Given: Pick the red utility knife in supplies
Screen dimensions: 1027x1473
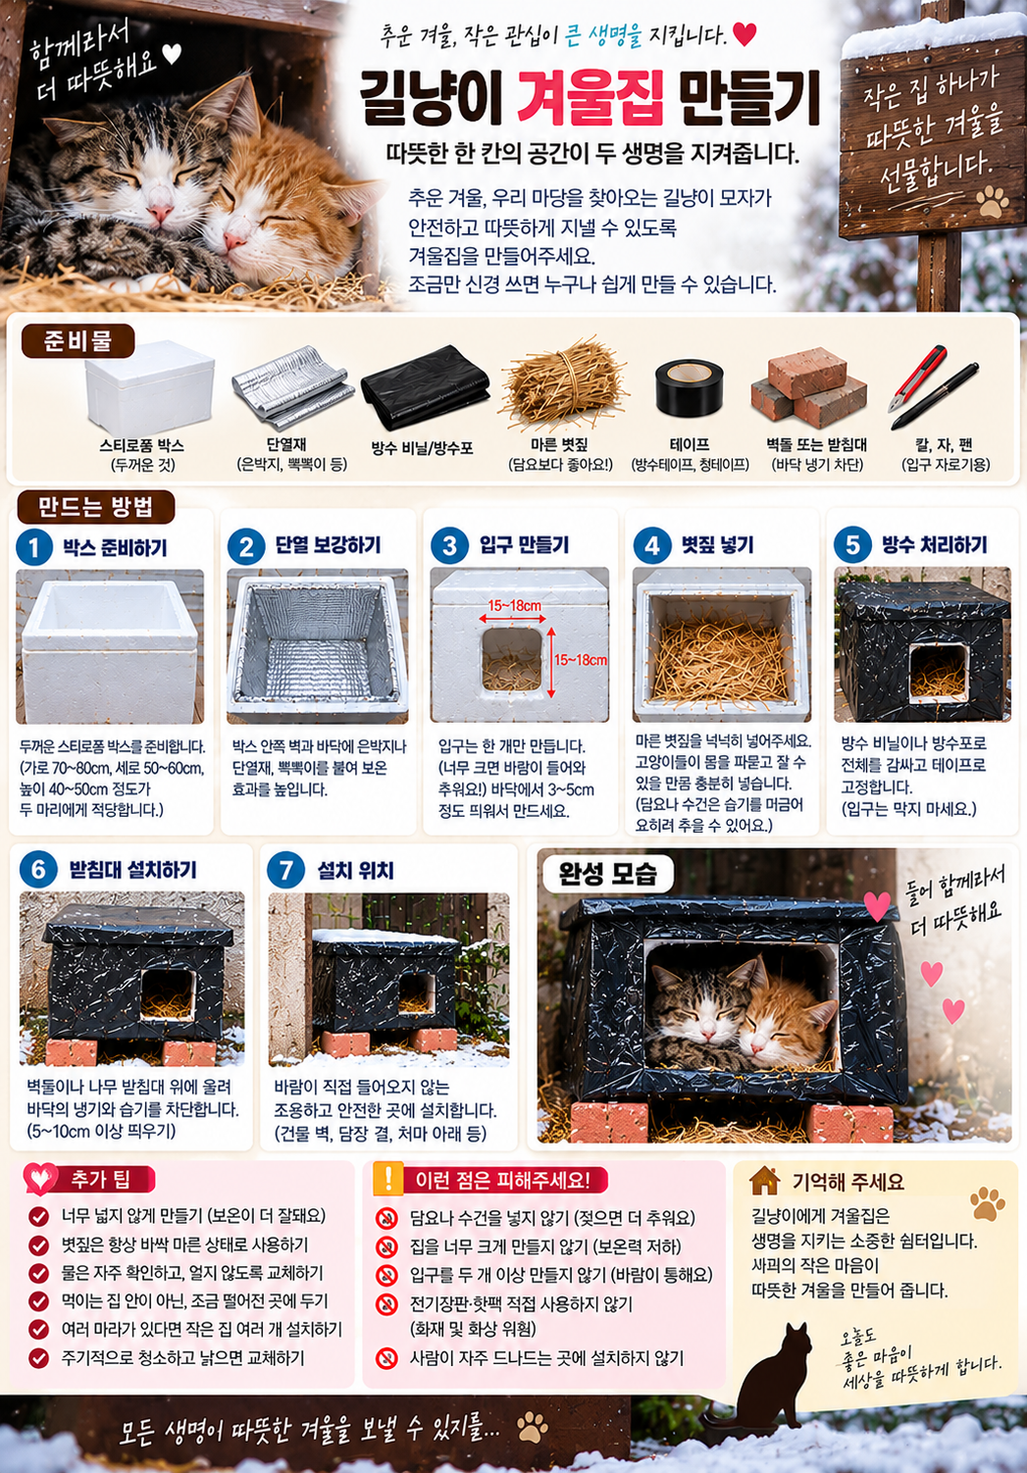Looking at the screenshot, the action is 916,378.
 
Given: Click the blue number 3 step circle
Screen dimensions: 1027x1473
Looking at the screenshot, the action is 449,546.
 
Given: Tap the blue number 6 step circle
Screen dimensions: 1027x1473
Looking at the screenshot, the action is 38,869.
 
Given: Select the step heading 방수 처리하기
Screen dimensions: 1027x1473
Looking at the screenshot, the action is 934,544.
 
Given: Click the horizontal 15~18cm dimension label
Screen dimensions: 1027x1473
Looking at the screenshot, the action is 515,605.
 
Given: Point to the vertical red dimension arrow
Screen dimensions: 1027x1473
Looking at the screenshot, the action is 551,662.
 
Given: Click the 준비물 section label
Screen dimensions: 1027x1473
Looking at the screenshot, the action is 77,340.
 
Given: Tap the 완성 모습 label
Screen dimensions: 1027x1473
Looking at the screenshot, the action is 607,873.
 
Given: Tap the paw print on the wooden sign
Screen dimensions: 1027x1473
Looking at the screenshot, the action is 993,202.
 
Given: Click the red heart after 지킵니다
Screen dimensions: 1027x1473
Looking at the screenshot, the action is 745,34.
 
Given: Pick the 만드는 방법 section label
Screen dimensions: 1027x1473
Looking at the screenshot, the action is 95,507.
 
